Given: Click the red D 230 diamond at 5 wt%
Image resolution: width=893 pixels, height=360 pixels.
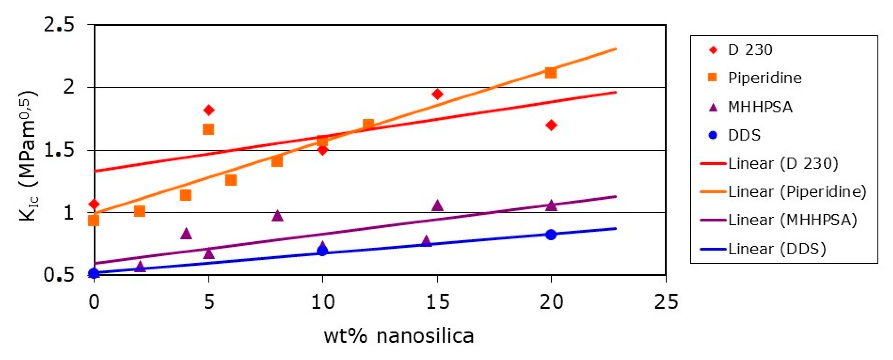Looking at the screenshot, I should [x=208, y=110].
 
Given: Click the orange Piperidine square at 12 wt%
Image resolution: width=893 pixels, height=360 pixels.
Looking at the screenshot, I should [x=368, y=124].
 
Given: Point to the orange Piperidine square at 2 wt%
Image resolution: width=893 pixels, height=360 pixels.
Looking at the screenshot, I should [x=139, y=211].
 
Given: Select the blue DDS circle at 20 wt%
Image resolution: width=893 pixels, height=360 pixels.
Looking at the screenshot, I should [x=551, y=235].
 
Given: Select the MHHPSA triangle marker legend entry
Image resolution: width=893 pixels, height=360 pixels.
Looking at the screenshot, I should [x=760, y=107].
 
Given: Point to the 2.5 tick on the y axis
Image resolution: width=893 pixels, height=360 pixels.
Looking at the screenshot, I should [x=59, y=25].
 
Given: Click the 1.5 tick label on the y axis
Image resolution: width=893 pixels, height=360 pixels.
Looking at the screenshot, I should [x=59, y=150].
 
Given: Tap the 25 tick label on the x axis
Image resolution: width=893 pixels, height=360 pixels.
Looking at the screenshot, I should [x=666, y=302].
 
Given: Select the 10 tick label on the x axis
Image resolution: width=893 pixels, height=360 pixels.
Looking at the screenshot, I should [x=323, y=302].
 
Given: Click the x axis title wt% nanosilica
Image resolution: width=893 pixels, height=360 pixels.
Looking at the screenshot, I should [x=399, y=336].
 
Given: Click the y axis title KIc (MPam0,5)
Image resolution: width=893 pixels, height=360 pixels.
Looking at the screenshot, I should [x=28, y=156].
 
